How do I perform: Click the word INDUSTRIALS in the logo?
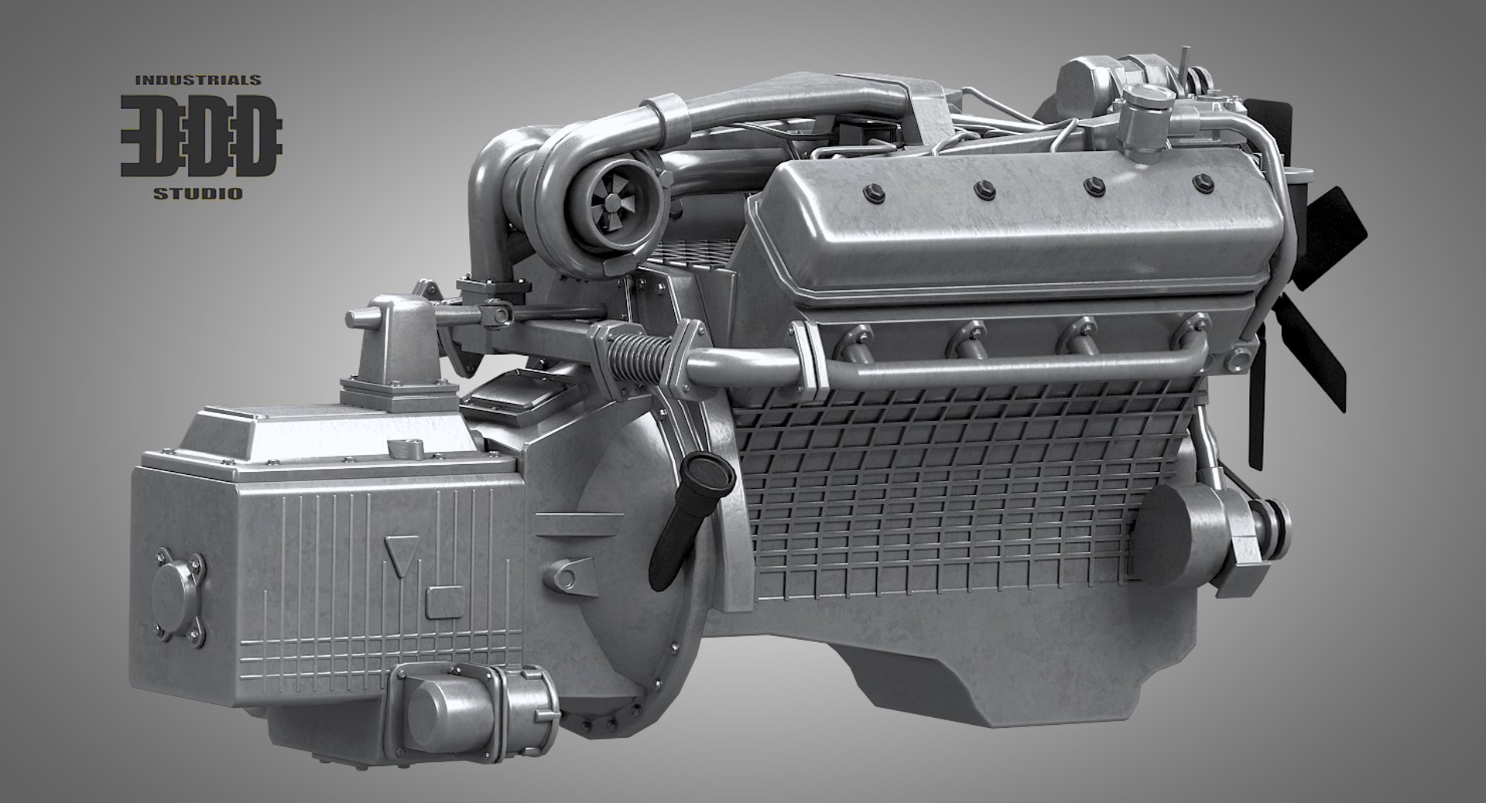coord(197,80)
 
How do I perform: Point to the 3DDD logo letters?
coord(200,136)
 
